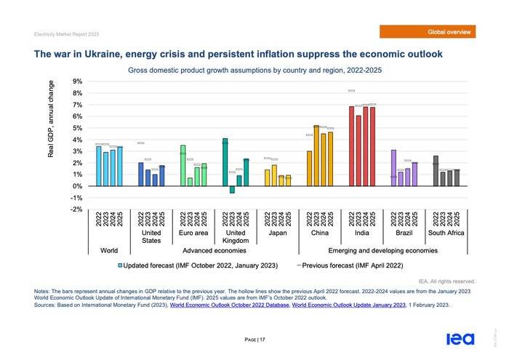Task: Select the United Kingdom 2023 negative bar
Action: pyautogui.click(x=232, y=190)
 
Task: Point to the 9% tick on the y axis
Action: pyautogui.click(x=76, y=81)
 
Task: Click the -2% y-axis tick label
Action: pyautogui.click(x=76, y=209)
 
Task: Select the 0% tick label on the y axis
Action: pyautogui.click(x=77, y=186)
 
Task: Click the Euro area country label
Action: pyautogui.click(x=193, y=233)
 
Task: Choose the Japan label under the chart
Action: pyautogui.click(x=277, y=233)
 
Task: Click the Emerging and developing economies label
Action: pyautogui.click(x=382, y=250)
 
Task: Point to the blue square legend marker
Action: pyautogui.click(x=121, y=265)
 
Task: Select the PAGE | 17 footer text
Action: pyautogui.click(x=254, y=339)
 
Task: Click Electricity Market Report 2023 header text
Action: pyautogui.click(x=65, y=33)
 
